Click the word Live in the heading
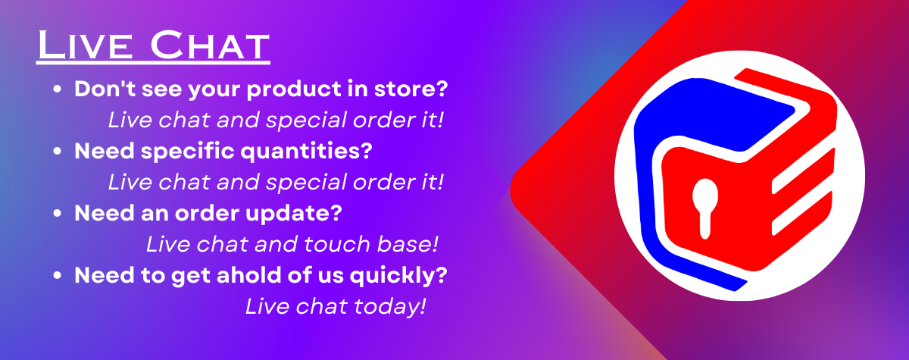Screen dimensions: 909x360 pos(85,45)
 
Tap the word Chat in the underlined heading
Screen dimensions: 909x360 pos(210,45)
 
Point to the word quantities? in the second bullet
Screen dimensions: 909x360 pos(306,152)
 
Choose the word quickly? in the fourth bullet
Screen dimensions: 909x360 pos(398,276)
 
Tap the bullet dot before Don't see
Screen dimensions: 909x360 pos(58,89)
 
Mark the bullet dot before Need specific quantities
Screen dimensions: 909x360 pos(58,151)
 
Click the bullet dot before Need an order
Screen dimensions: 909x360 pos(58,213)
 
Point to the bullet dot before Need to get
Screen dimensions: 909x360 pos(58,275)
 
